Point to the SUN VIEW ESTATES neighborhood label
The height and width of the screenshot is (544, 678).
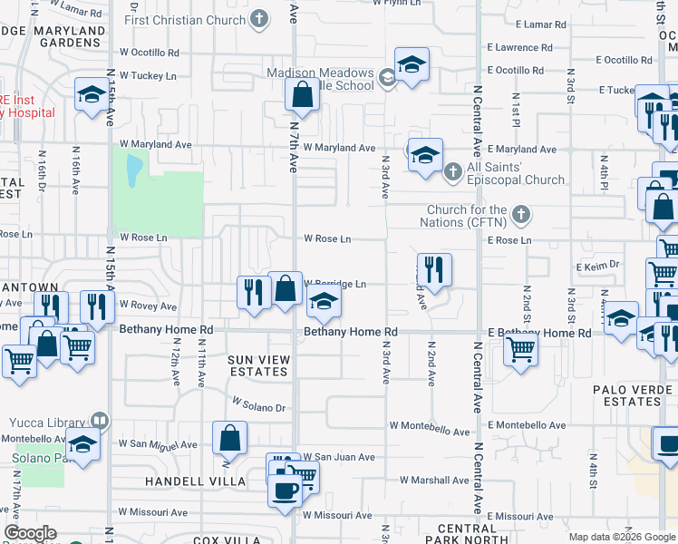pos(259,366)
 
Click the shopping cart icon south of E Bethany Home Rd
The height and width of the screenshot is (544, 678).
pos(520,349)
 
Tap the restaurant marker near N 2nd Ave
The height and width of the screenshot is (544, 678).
pos(434,269)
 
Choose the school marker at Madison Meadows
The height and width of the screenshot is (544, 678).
pos(412,65)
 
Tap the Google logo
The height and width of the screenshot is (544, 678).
pos(30,533)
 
